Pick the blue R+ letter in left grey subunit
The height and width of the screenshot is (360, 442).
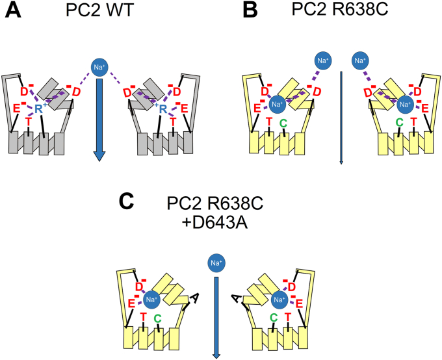click(x=38, y=109)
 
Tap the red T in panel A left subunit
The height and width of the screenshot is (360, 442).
click(x=29, y=122)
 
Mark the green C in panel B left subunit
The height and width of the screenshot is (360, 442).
click(x=283, y=122)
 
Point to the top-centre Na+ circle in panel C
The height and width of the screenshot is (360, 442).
click(x=214, y=263)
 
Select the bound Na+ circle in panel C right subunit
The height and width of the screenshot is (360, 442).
click(x=280, y=300)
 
